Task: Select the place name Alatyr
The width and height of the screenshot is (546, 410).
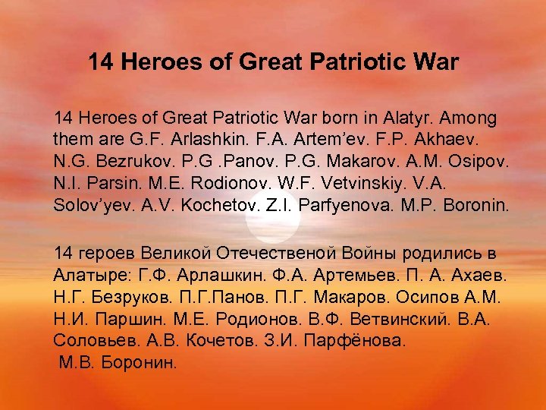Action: click(x=394, y=119)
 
